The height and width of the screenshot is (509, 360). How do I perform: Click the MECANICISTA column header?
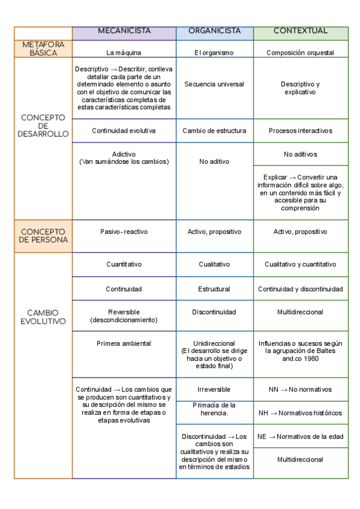coord(124,31)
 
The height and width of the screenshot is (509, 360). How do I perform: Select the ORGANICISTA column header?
coord(214,31)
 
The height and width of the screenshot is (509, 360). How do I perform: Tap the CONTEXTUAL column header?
coord(301,31)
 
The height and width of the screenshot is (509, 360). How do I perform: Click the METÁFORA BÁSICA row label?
coord(43,49)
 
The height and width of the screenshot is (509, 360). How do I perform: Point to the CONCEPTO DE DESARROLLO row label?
coord(43,126)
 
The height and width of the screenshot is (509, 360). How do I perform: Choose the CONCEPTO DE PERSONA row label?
coord(43,235)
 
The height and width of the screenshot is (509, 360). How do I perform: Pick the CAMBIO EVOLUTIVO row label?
coord(43,317)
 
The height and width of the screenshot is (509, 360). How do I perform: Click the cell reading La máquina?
coord(124,53)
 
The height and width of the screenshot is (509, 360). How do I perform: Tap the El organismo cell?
coord(214,53)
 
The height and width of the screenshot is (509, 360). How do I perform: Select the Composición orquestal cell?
coord(301,53)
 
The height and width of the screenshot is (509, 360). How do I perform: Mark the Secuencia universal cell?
coord(214,85)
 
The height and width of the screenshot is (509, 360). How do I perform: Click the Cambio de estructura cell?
coord(214,131)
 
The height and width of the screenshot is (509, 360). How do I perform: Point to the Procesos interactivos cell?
coord(301,131)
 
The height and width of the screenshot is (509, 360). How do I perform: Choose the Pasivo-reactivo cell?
coord(124,232)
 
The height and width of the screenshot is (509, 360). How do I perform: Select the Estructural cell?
coord(214,289)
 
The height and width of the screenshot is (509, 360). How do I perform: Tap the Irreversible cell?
coord(214,390)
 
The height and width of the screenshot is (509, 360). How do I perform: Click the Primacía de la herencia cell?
coord(214,409)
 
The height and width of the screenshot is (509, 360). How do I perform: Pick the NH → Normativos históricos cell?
coord(301,413)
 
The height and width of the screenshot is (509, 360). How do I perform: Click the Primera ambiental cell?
coord(124,344)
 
